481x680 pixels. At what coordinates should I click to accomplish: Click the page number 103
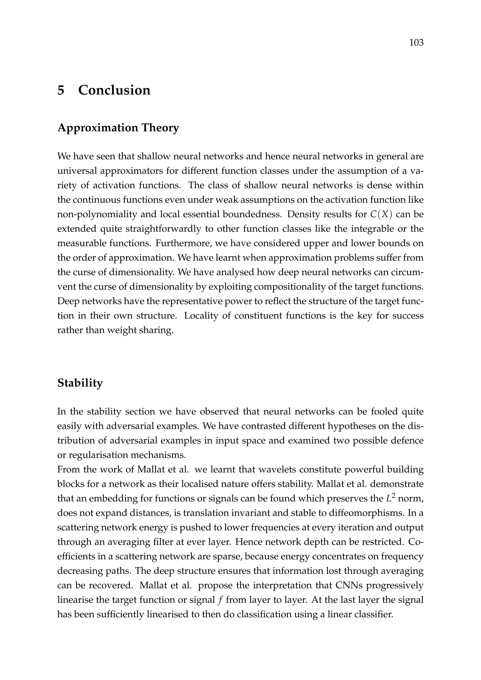pos(416,43)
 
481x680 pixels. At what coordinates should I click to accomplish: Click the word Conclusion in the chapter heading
pos(114,90)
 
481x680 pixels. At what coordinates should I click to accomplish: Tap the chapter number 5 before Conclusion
pos(61,90)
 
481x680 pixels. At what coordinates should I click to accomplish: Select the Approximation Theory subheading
pos(118,128)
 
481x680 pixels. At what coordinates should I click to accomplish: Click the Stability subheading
pos(80,383)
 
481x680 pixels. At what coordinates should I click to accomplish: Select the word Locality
pos(200,316)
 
